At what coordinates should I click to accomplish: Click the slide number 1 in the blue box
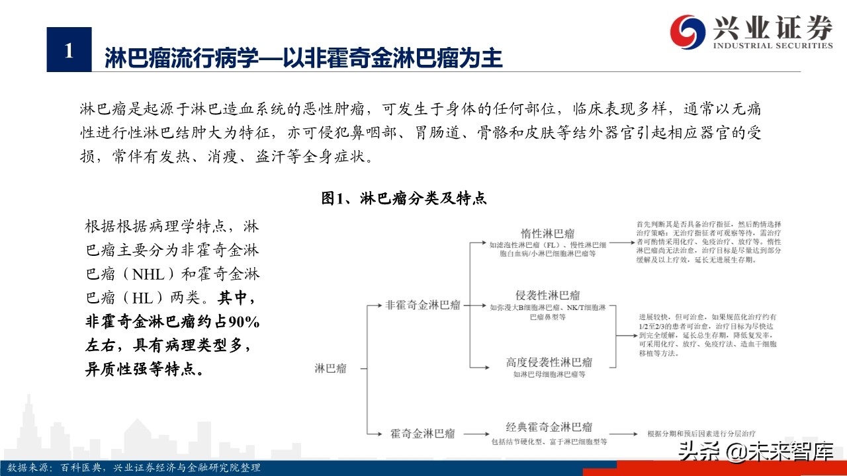[69, 50]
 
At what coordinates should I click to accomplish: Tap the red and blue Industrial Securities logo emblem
[688, 30]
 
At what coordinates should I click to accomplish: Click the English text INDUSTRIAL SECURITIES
[772, 46]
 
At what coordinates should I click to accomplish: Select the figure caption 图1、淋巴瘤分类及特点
[404, 198]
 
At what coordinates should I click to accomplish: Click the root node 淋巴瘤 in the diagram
[330, 368]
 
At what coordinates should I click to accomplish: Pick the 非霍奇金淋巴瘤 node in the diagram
[423, 305]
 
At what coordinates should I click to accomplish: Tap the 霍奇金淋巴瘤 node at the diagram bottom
[423, 434]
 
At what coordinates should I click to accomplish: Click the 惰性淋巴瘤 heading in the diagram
[547, 233]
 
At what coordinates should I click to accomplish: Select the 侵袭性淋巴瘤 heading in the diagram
[547, 295]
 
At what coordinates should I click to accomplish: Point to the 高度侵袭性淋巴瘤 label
[549, 362]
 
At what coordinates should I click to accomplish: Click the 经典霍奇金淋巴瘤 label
[549, 427]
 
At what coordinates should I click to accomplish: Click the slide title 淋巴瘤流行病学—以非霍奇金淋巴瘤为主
[304, 58]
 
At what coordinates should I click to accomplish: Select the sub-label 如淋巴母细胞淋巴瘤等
[549, 374]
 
